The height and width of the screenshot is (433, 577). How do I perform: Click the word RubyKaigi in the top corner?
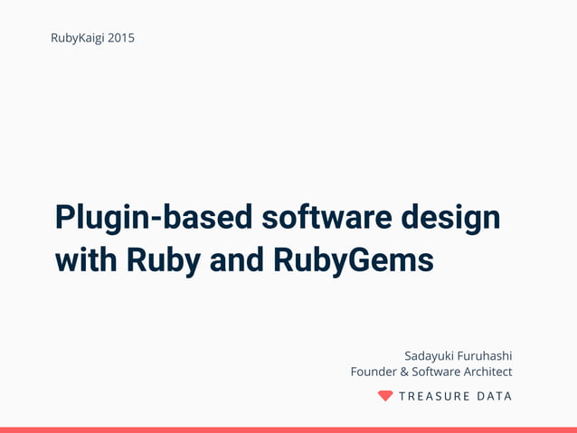[78, 38]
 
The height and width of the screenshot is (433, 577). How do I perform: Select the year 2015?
[121, 38]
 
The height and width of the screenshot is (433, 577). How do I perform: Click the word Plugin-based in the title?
[153, 218]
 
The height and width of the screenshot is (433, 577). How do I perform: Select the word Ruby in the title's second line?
[165, 259]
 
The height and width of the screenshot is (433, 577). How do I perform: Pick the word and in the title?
[238, 259]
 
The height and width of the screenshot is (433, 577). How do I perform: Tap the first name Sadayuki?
[431, 355]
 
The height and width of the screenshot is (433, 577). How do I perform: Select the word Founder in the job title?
[373, 372]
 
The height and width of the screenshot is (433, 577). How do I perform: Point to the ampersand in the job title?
[404, 372]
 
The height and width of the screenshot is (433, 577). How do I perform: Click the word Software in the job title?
[437, 372]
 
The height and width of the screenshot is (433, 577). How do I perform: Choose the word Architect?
[489, 372]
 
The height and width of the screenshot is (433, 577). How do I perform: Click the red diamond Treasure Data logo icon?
[385, 396]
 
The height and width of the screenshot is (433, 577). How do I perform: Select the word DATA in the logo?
[494, 396]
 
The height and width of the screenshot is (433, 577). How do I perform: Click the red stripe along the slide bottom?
[288, 429]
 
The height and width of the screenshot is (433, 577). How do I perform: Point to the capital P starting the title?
[64, 218]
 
